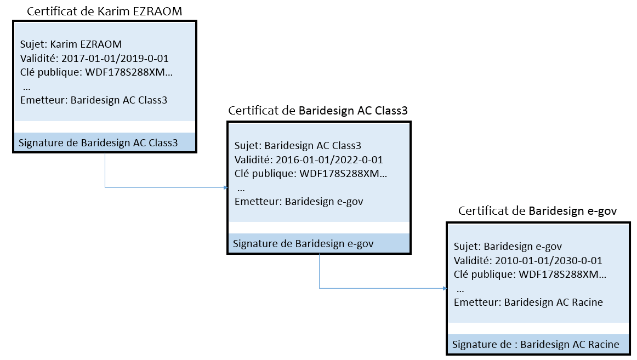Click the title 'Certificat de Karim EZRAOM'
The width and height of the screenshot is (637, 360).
click(x=104, y=11)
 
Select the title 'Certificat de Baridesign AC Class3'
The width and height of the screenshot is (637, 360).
click(x=318, y=111)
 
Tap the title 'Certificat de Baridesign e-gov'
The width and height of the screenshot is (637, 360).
click(x=538, y=211)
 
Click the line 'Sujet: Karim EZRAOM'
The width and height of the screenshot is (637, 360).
click(x=71, y=44)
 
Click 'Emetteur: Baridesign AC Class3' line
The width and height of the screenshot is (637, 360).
click(x=93, y=100)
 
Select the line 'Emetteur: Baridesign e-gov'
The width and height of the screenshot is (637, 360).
click(x=299, y=201)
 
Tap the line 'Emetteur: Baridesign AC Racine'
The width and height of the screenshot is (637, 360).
click(x=528, y=302)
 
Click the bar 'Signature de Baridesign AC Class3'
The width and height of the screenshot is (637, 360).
click(x=99, y=143)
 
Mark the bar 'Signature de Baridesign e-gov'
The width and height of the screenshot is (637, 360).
click(x=303, y=244)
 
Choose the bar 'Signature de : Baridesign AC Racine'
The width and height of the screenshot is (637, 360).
click(x=536, y=345)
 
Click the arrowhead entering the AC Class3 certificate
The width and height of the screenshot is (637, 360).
click(x=225, y=187)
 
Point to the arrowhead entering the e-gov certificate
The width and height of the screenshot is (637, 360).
click(x=444, y=288)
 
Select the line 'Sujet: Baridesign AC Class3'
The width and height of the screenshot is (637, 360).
click(x=298, y=146)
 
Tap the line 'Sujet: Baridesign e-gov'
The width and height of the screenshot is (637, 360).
click(x=508, y=247)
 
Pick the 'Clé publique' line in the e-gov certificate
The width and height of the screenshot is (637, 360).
click(x=530, y=274)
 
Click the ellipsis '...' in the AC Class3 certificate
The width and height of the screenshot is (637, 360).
click(x=241, y=187)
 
